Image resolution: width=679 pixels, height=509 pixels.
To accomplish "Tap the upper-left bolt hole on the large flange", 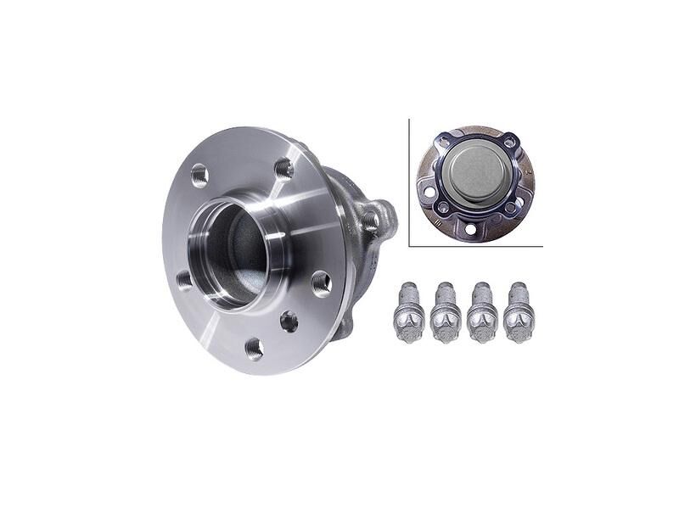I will [x=199, y=174].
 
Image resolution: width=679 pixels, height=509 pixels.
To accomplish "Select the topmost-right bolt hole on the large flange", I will [x=283, y=168].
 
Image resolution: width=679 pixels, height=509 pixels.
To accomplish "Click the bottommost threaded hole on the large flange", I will [x=253, y=348].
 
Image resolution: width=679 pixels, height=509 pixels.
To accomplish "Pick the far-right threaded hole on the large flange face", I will [x=322, y=282].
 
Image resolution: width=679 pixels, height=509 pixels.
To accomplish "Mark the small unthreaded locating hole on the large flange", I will [x=289, y=322].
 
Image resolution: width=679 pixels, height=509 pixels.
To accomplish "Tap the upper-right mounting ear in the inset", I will [x=511, y=141].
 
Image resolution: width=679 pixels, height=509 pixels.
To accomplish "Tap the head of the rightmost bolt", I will [x=519, y=325].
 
